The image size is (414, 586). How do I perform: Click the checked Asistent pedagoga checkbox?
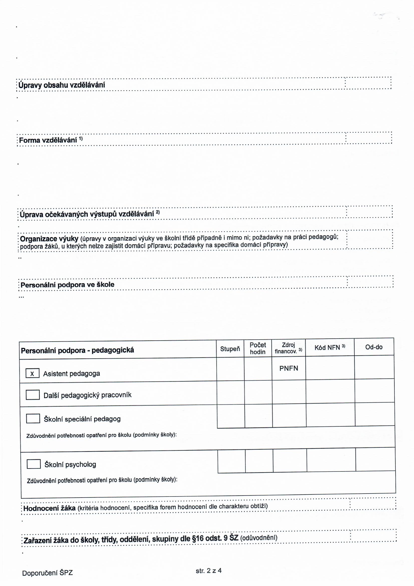(x=32, y=373)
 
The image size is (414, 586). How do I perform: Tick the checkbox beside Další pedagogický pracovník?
(x=33, y=395)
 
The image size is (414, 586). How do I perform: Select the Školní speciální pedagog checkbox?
(x=33, y=419)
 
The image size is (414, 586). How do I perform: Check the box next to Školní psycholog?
(x=34, y=464)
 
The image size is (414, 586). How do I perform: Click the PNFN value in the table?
(x=289, y=368)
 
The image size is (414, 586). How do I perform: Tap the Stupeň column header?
(x=230, y=349)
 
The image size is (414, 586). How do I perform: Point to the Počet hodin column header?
(x=258, y=348)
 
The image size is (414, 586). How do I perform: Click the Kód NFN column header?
(x=330, y=348)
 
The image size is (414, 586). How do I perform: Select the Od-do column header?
(x=374, y=347)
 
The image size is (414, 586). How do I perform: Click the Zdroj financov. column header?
(x=288, y=348)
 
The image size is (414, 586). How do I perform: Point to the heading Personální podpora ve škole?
(x=67, y=285)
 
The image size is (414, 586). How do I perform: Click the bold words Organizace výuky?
(x=49, y=239)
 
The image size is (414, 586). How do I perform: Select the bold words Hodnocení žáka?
(x=50, y=508)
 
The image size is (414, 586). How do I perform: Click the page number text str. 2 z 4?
(x=208, y=571)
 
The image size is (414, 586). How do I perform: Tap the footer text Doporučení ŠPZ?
(x=47, y=573)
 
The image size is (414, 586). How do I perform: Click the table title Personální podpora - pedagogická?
(x=77, y=350)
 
